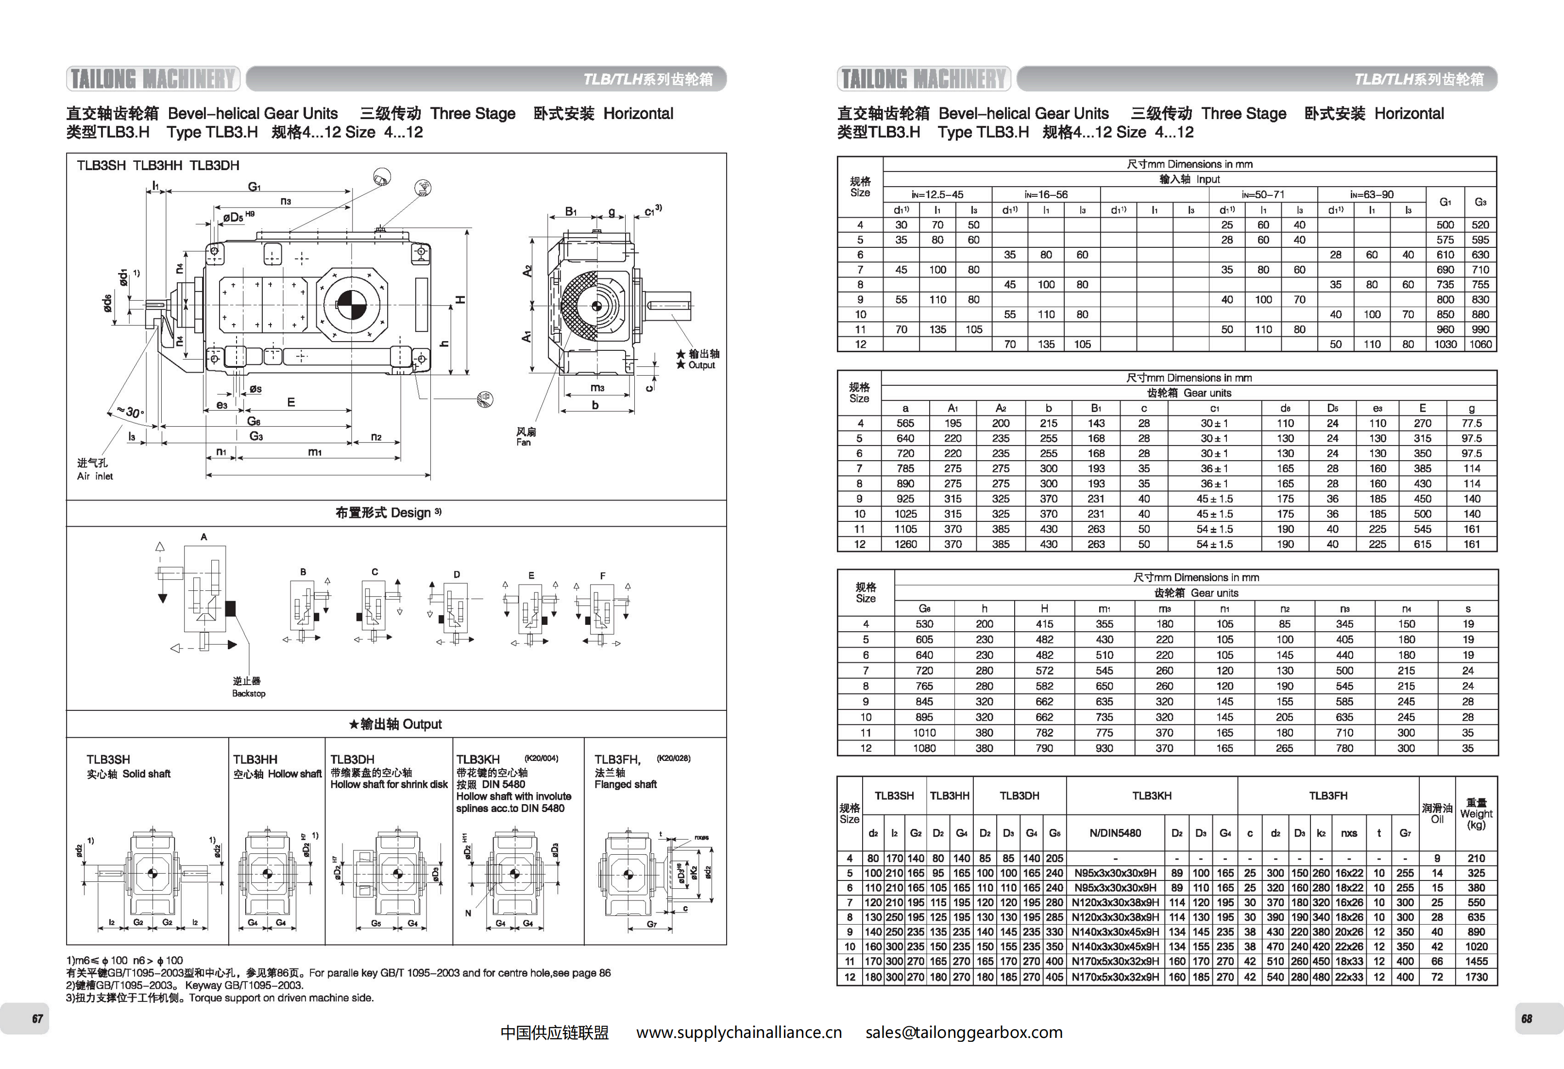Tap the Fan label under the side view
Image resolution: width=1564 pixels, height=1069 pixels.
pos(524,442)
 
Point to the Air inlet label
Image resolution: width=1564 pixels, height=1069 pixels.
pos(95,476)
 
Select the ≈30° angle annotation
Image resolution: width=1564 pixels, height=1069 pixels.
pos(131,412)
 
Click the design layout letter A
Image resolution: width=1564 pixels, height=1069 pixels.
pos(204,536)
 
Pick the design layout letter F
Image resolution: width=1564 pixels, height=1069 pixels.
pos(602,576)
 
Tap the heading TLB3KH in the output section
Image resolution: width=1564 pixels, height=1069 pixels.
pos(478,759)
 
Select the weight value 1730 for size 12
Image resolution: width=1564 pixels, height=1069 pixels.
pos(1476,977)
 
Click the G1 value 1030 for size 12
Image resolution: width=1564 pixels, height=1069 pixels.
pos(1445,344)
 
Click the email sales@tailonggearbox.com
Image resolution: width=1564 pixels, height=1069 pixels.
pos(964,1033)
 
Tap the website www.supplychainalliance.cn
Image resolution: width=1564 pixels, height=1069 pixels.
pos(739,1033)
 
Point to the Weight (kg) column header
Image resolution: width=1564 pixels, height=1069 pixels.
pos(1476,814)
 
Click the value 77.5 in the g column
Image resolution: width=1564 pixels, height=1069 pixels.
pos(1471,423)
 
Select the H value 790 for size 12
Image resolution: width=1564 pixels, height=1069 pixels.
pos(1044,748)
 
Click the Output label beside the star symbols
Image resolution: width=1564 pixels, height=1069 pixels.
pos(701,365)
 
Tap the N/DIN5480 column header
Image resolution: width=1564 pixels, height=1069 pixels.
pos(1115,833)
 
